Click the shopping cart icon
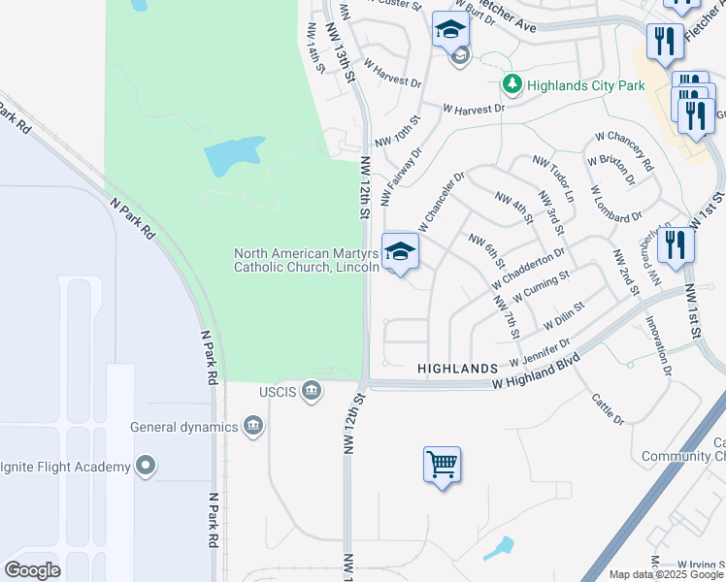point(442,465)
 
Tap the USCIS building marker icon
point(311,391)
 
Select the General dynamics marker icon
point(253,427)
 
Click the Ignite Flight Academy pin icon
point(146,467)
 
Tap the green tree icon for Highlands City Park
point(512,85)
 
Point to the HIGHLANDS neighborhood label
point(457,369)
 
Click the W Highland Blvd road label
point(536,372)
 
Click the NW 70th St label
point(406,127)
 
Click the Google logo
point(33,570)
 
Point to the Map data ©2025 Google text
point(666,574)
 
